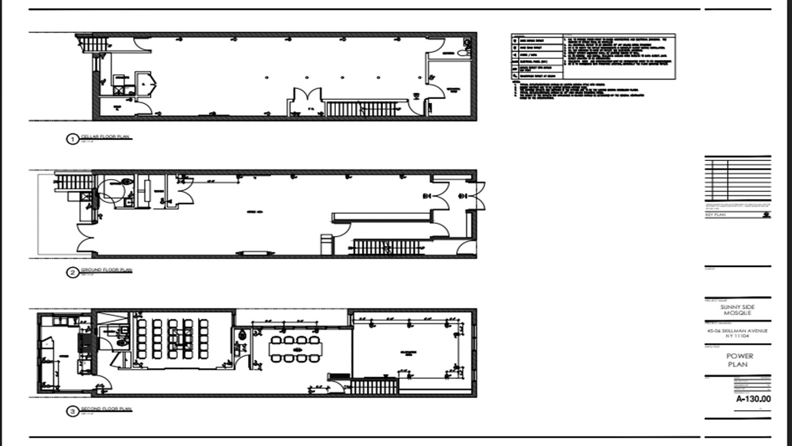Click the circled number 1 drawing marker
pos(72,139)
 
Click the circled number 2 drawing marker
pos(72,272)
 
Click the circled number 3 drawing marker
pos(72,411)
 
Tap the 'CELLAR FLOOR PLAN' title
pos(106,137)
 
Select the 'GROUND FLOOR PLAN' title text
pos(106,270)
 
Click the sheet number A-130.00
pos(753,399)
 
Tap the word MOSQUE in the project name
pos(738,314)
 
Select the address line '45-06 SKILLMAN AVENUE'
pos(738,331)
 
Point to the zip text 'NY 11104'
pos(738,336)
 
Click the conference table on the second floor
pos(296,349)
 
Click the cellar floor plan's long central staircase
pos(363,109)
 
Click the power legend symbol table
pos(537,57)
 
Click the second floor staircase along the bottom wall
pos(373,387)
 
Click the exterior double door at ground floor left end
pos(83,238)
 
